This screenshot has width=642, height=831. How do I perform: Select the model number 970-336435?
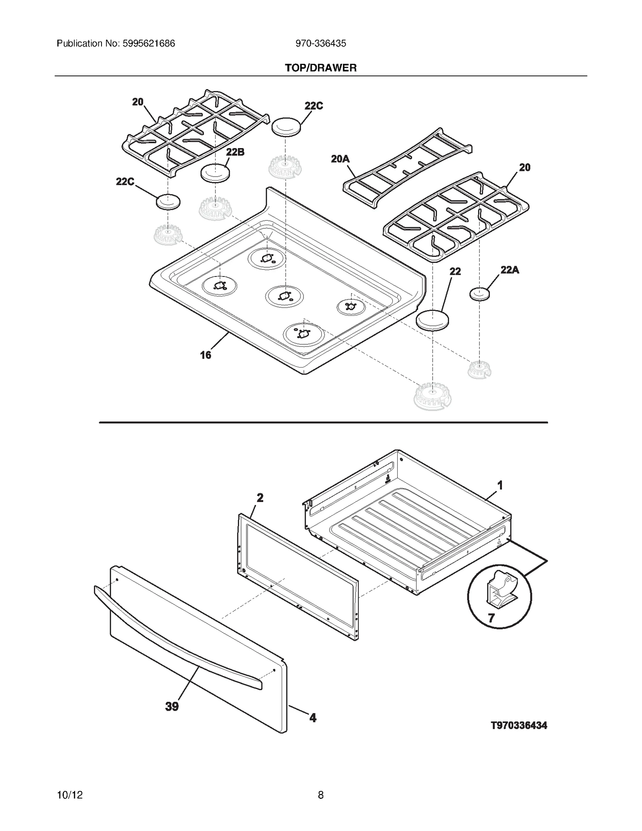(321, 43)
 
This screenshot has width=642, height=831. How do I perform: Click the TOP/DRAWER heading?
(321, 68)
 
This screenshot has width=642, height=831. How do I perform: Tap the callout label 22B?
(235, 152)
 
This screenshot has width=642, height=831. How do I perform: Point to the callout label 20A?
(340, 159)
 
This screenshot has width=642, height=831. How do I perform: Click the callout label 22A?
(510, 270)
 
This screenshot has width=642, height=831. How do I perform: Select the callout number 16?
(205, 355)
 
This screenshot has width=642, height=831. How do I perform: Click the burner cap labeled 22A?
(479, 294)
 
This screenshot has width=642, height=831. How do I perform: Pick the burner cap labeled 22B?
(215, 173)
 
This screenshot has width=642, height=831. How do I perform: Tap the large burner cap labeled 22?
(432, 320)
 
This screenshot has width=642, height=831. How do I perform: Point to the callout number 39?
(172, 706)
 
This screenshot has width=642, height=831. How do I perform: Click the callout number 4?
(313, 717)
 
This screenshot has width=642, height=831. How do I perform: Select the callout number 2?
(260, 498)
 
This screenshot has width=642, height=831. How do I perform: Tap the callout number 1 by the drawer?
(500, 486)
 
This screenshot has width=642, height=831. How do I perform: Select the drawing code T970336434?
(519, 725)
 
